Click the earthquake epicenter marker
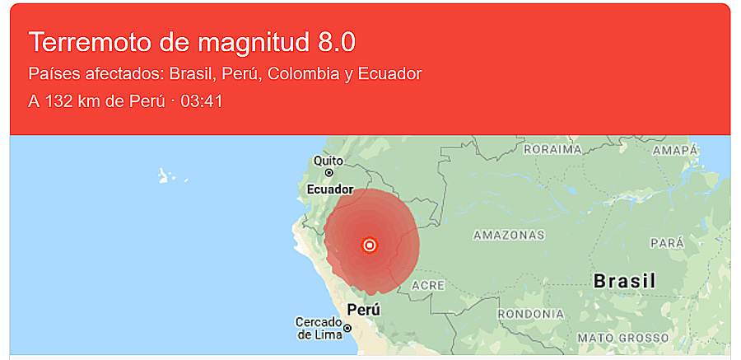click(x=370, y=245)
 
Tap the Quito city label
click(x=328, y=161)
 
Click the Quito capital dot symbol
click(x=329, y=173)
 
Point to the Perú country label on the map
click(x=364, y=310)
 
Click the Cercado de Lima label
click(x=319, y=328)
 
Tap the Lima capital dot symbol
click(x=347, y=328)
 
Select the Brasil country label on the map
click(x=624, y=281)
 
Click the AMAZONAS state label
click(x=509, y=236)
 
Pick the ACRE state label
click(x=428, y=285)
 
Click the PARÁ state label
click(x=667, y=243)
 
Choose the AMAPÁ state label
click(x=675, y=150)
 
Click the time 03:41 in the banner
click(x=203, y=101)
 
